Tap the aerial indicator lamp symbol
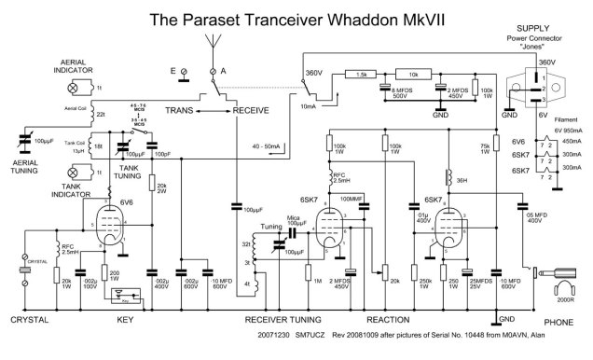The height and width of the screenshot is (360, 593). tap(75, 86)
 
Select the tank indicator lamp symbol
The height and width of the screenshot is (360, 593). tap(75, 173)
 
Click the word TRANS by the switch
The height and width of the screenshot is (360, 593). tap(184, 110)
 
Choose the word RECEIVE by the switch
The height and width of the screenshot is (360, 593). tap(251, 110)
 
